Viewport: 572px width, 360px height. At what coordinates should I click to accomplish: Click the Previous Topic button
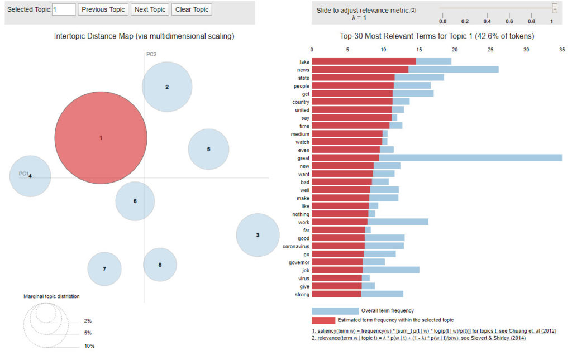(x=103, y=9)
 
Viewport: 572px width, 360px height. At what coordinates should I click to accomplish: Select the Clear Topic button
(x=192, y=9)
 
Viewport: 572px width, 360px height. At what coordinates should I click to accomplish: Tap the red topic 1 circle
(x=101, y=137)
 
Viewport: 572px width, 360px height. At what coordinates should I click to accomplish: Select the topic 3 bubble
(x=258, y=235)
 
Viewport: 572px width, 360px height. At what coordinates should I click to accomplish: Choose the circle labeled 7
(x=104, y=269)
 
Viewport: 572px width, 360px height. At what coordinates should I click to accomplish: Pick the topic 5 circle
(x=208, y=149)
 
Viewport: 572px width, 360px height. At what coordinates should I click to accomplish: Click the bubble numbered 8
(x=160, y=265)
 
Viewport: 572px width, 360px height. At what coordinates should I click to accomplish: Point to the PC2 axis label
(x=151, y=54)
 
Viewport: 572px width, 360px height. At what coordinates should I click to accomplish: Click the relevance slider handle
(x=554, y=8)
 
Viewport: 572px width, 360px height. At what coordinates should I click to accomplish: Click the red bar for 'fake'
(x=363, y=61)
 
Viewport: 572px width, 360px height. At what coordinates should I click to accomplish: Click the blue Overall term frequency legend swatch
(x=335, y=311)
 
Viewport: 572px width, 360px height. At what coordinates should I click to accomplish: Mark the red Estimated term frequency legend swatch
(x=335, y=320)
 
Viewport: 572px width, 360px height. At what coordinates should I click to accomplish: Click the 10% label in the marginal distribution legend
(x=89, y=346)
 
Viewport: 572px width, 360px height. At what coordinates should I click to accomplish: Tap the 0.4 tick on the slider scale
(x=487, y=21)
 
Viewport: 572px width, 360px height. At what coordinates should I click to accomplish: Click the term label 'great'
(x=303, y=158)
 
